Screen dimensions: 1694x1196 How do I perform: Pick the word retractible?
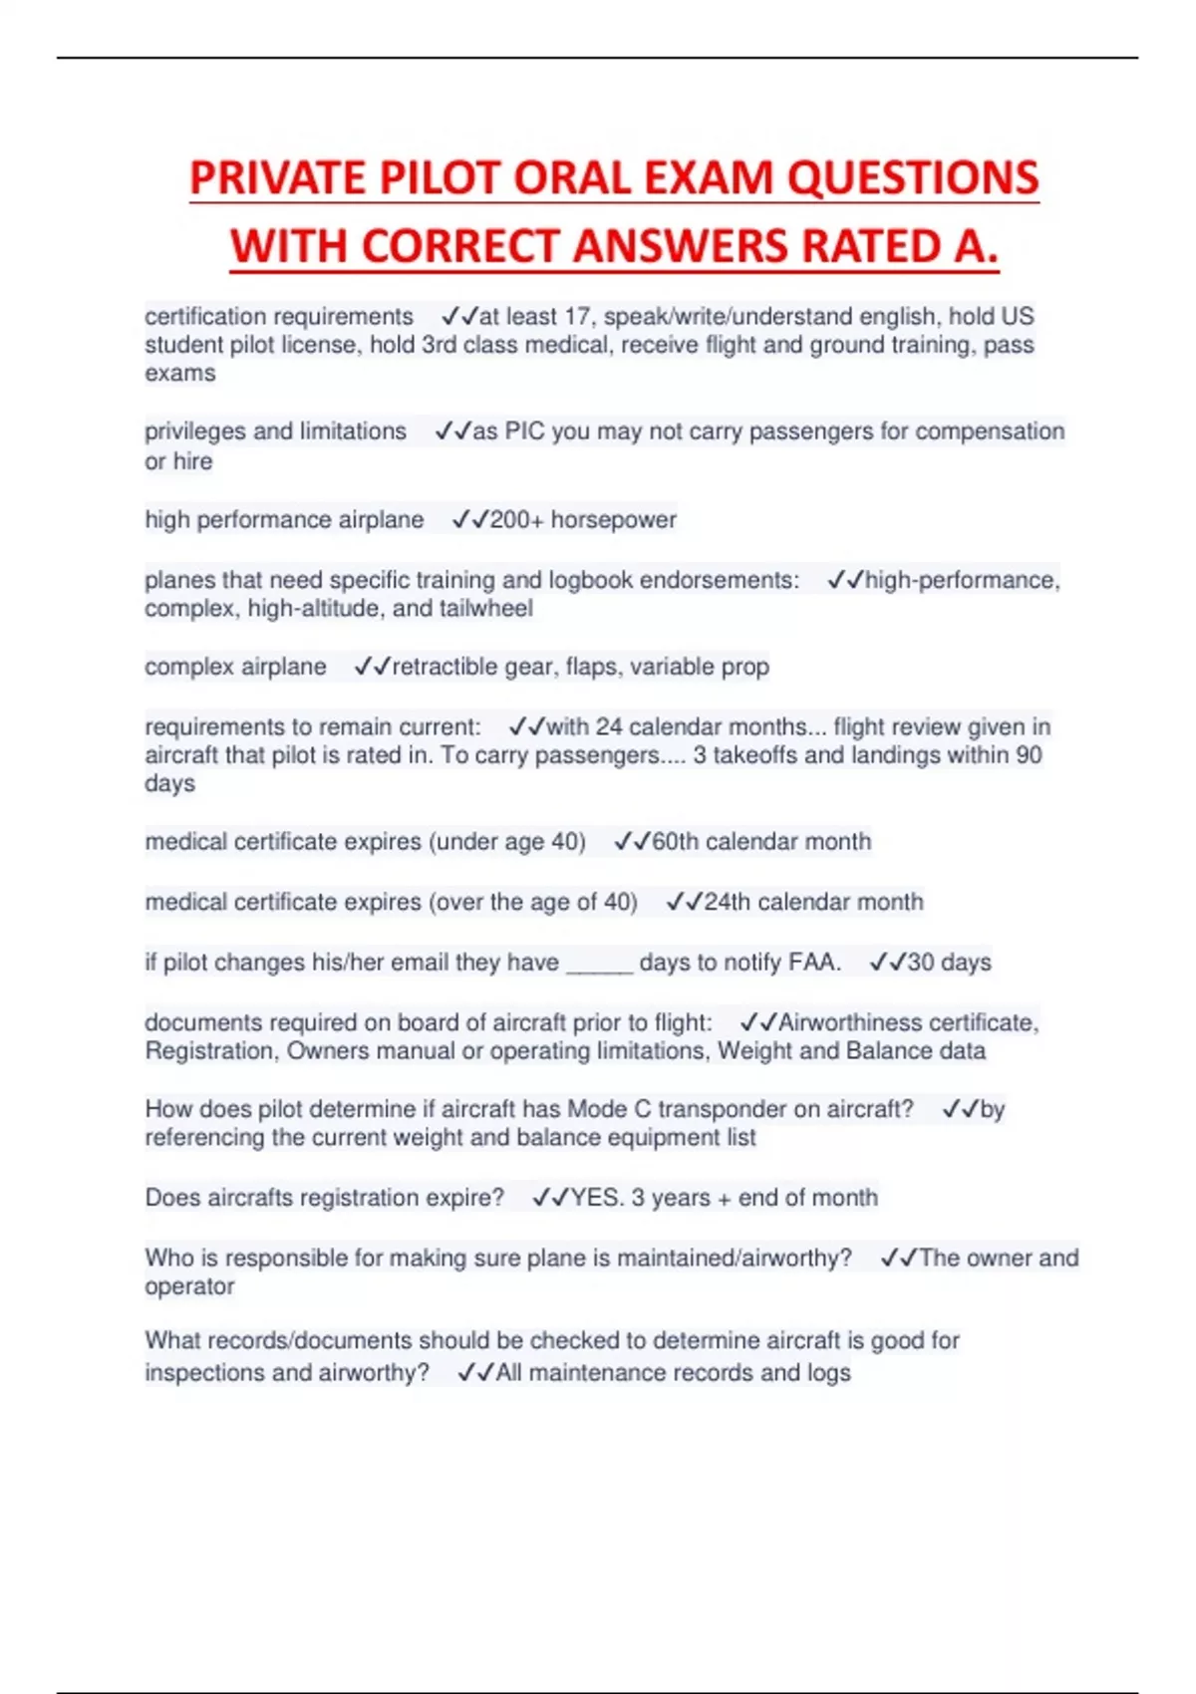(x=445, y=667)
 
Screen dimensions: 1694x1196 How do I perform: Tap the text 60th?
(x=675, y=842)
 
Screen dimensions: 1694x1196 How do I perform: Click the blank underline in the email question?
(x=599, y=964)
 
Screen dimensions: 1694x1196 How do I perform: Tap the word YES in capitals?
(x=595, y=1198)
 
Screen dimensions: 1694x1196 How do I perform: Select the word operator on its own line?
(x=189, y=1286)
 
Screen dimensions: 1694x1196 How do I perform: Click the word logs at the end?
(x=828, y=1373)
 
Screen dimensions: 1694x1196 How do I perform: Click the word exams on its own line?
(x=179, y=374)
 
